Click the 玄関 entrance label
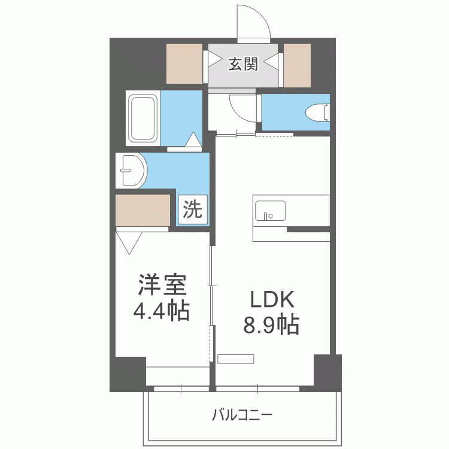pos(242,64)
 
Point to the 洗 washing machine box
pos(192,209)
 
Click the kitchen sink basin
pos(270,211)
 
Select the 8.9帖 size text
pos(271,325)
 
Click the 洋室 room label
pos(162,286)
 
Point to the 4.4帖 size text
pos(162,310)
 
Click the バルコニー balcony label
pos(242,414)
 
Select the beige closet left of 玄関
pos(184,63)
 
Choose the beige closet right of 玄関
pos(297,63)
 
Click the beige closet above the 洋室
pos(142,209)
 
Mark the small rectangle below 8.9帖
pos(236,359)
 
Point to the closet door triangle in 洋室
pos(130,242)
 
